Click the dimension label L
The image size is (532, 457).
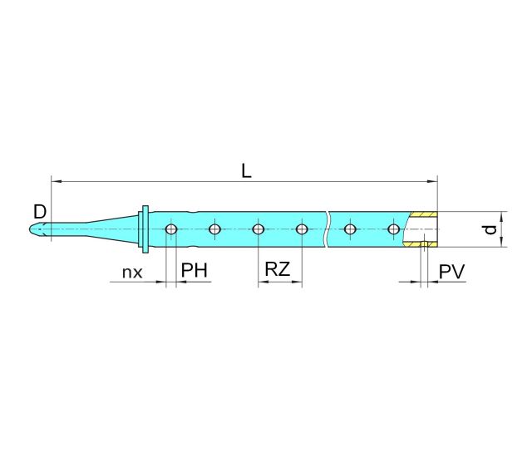[246, 170]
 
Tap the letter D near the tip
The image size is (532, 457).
[39, 208]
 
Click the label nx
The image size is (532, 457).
[131, 272]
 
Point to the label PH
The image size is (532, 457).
[194, 272]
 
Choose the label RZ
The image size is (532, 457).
[277, 270]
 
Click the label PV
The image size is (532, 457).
[452, 272]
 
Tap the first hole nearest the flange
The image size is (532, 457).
[171, 229]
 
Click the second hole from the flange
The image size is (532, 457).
[214, 229]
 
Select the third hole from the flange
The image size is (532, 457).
[259, 229]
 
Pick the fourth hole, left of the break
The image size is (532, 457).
[302, 229]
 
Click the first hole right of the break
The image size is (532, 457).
[350, 229]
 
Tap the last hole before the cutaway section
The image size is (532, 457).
[393, 229]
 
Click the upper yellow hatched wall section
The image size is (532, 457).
[424, 214]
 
